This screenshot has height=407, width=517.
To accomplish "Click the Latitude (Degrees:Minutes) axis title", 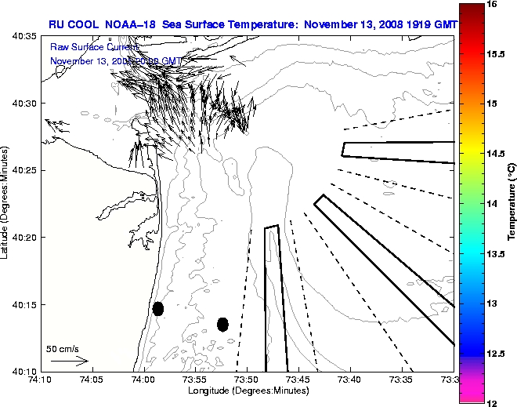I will pos(5,203).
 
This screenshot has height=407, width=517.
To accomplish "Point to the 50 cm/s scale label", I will pos(62,349).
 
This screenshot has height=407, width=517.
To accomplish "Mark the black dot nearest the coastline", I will pos(158,308).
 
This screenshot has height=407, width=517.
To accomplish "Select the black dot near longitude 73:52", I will pos(222,324).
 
